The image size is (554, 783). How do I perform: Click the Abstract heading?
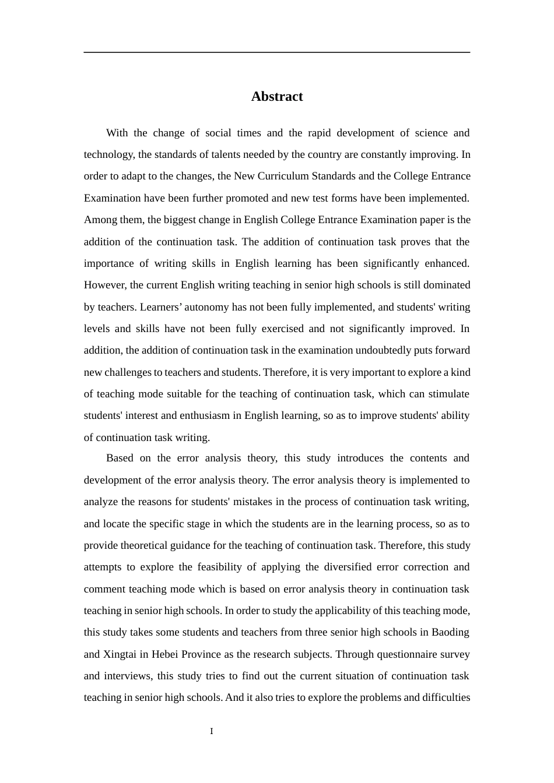tap(277, 97)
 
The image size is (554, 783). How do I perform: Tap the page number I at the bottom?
tap(212, 731)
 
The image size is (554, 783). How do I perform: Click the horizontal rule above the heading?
tap(277, 52)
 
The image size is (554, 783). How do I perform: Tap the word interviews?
tap(128, 676)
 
